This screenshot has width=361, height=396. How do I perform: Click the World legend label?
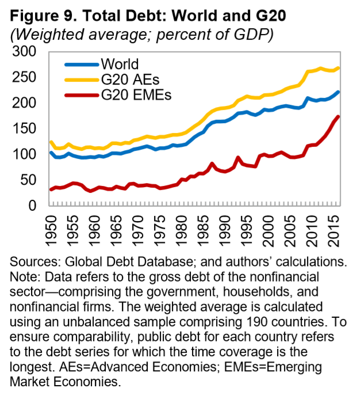coord(119,63)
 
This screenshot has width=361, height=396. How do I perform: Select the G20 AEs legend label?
coord(128,79)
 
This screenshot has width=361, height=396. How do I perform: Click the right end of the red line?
coord(339,116)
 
